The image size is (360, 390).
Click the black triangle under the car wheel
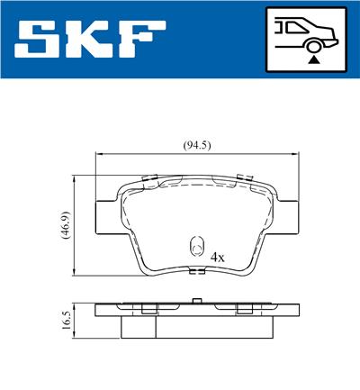[312, 59]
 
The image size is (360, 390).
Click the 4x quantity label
[216, 257]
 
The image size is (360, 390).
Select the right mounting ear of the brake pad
[288, 213]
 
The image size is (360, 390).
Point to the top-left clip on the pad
[151, 177]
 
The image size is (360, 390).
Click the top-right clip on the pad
[241, 177]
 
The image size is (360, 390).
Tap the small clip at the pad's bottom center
[196, 271]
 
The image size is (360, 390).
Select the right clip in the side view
[243, 309]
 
